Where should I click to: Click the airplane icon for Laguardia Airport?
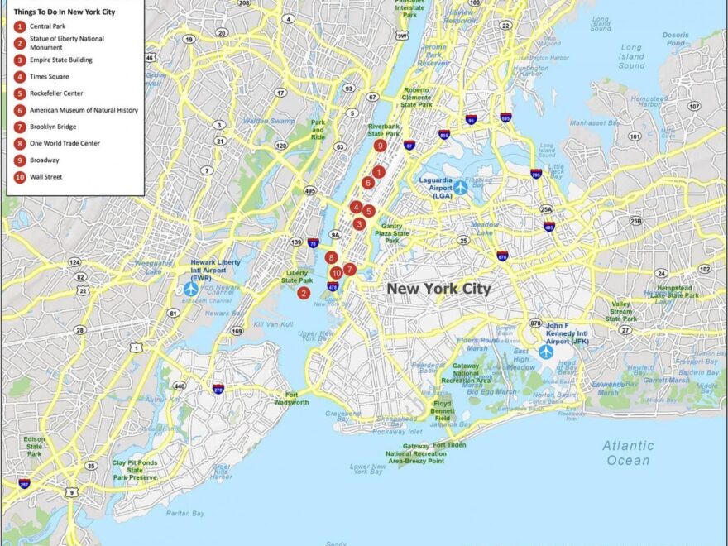[461, 188]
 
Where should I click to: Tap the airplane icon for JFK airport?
[546, 351]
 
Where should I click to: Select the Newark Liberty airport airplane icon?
[191, 289]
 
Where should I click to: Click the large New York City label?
[438, 289]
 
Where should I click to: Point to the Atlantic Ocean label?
[628, 453]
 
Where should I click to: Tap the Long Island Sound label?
[631, 56]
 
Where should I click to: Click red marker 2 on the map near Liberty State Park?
[304, 293]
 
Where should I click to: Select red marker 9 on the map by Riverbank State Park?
[380, 146]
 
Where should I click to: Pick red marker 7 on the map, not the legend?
[350, 269]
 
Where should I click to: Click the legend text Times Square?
[49, 77]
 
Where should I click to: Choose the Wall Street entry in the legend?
[45, 176]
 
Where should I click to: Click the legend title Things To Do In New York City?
[64, 12]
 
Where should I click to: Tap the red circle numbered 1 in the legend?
[19, 26]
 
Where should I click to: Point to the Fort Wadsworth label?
[292, 399]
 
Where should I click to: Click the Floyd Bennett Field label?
[443, 412]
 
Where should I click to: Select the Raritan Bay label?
[186, 514]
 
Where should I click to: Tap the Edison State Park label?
[35, 446]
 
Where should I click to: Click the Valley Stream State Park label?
[620, 311]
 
